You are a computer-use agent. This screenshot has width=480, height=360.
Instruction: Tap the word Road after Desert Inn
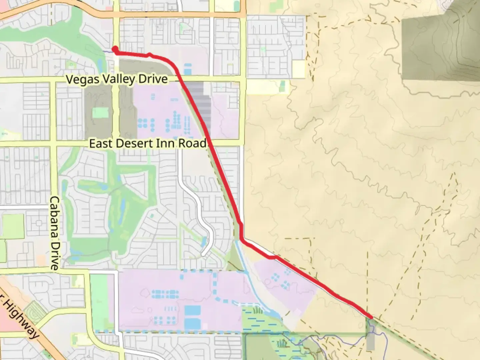pos(193,144)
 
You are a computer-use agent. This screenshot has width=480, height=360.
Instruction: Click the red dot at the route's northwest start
pos(115,49)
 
